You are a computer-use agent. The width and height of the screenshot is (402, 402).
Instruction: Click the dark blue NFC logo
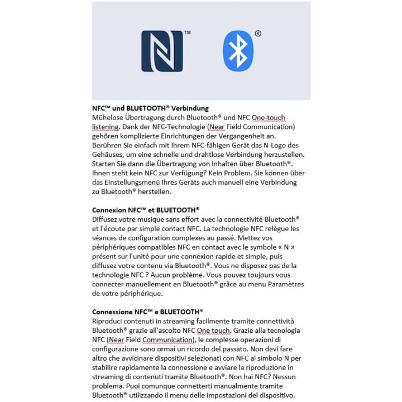[162, 51]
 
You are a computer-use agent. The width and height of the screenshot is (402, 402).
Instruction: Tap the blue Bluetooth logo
[238, 51]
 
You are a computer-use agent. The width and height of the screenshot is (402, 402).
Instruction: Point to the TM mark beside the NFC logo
[187, 33]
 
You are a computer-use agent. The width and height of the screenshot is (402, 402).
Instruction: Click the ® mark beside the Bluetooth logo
[257, 33]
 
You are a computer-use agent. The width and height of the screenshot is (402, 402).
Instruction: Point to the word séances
[104, 237]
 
